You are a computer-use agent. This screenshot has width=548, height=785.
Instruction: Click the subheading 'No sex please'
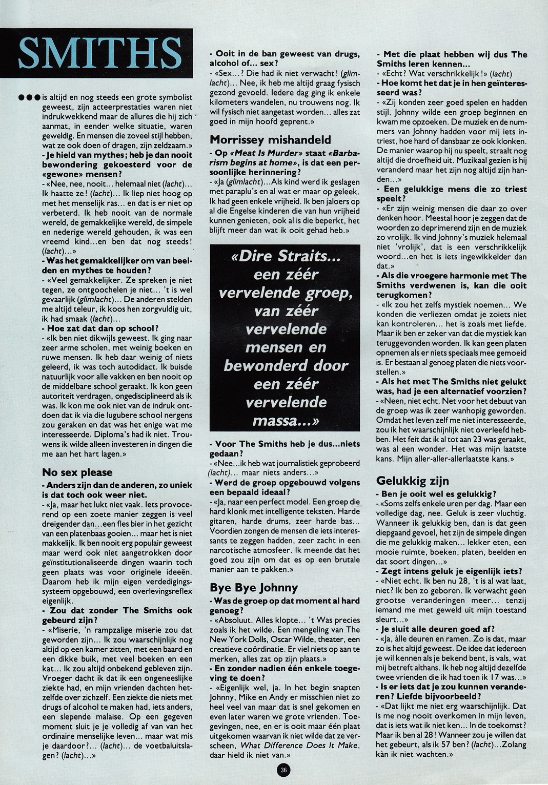coord(77,472)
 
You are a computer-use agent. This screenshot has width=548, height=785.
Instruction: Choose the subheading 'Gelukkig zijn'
coord(413,481)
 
